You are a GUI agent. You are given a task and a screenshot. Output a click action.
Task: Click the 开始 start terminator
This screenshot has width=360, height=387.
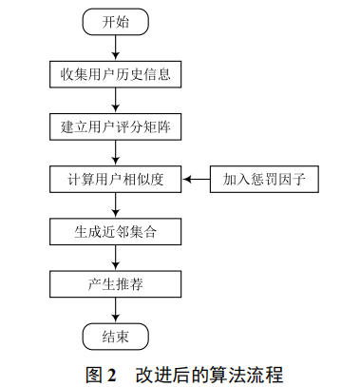(115, 23)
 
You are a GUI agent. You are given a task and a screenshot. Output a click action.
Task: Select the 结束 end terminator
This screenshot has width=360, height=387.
(115, 336)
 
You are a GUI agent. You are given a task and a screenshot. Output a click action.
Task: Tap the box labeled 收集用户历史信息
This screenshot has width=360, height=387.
(116, 73)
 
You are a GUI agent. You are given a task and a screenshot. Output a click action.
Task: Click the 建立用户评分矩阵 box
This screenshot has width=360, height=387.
(116, 126)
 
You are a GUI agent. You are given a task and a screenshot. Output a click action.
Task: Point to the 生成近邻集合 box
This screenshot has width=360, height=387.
(116, 230)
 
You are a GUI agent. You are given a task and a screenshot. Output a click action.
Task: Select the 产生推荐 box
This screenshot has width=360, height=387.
(116, 283)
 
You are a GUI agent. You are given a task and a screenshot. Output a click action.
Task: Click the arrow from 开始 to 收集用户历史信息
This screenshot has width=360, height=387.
(116, 48)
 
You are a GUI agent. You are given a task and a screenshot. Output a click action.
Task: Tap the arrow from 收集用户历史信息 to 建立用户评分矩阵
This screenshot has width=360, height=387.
(116, 100)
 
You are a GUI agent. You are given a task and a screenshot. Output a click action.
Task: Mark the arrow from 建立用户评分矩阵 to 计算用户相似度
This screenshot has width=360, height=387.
(116, 152)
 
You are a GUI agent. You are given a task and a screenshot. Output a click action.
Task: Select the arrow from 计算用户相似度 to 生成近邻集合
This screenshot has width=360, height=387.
(116, 204)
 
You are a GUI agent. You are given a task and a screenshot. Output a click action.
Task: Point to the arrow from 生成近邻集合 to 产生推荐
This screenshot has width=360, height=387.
(116, 257)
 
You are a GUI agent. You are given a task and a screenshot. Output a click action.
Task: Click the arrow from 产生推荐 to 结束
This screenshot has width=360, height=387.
(116, 309)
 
